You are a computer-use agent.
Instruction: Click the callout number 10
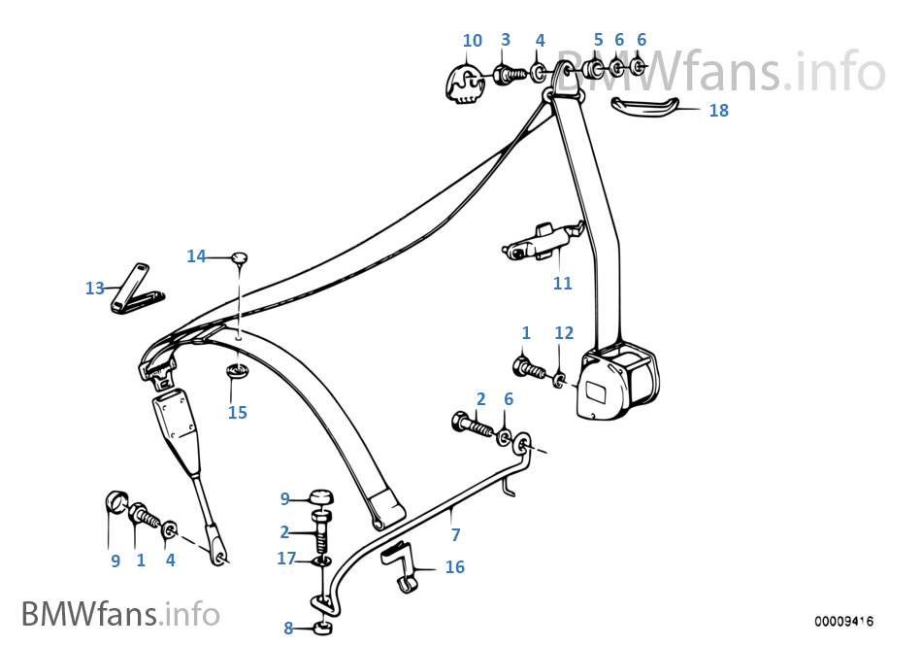pos(472,41)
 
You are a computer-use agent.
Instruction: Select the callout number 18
pos(718,111)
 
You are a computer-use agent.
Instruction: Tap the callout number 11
pos(563,284)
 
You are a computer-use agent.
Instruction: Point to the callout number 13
pos(94,289)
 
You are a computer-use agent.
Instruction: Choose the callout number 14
pos(196,256)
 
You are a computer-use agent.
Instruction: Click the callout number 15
pos(238,413)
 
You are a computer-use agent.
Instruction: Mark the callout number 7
pos(455,534)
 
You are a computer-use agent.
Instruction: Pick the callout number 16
pos(454,567)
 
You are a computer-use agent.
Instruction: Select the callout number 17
pos(286,559)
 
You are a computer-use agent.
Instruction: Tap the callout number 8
pos(288,628)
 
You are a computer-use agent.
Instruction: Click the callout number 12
pos(564,333)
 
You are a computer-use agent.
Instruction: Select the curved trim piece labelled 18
pos(655,105)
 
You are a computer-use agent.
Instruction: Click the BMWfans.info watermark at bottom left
pos(120,614)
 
